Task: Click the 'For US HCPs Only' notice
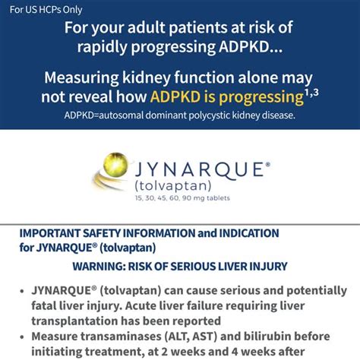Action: click(46, 10)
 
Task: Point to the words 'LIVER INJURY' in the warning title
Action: click(251, 267)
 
